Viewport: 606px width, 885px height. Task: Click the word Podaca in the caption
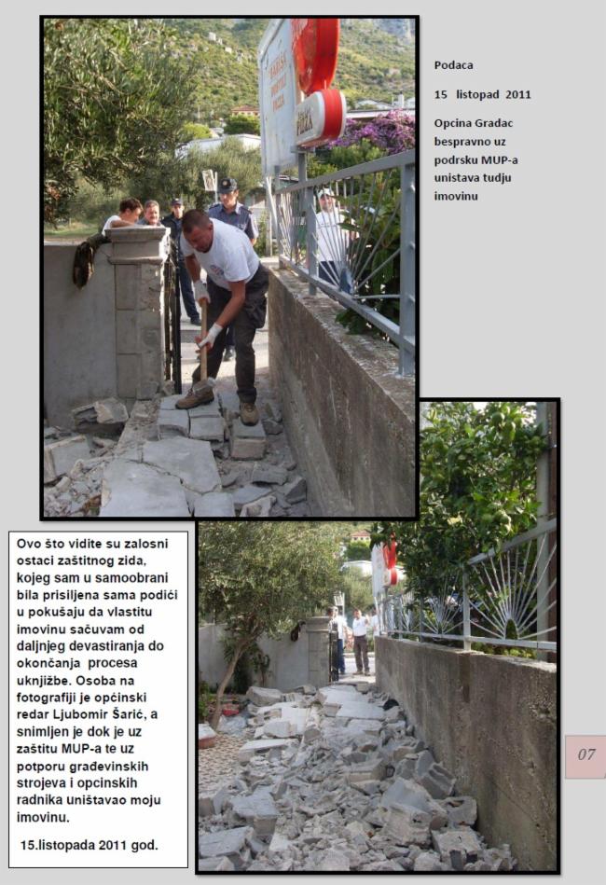click(453, 64)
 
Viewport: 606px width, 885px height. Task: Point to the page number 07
click(585, 754)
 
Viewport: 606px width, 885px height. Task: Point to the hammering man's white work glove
click(211, 334)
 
